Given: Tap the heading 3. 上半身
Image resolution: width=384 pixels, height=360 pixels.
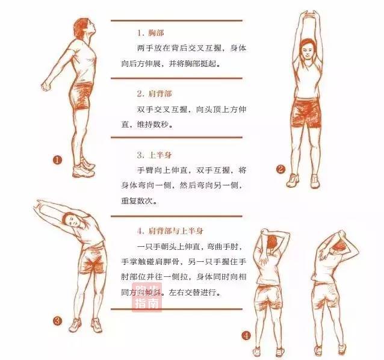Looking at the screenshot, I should [155, 155].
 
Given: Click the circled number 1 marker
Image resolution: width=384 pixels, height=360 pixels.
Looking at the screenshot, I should [58, 160].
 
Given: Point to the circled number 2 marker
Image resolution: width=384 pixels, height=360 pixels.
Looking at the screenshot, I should [280, 169].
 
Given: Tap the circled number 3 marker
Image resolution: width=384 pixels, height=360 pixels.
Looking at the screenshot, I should [57, 321].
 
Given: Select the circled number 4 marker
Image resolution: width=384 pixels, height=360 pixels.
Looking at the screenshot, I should [246, 335].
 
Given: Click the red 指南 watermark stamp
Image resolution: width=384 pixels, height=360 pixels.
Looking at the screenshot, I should [147, 297].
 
